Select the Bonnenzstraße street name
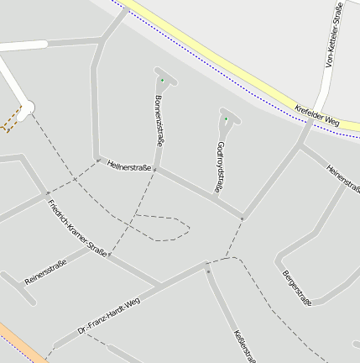pos(159,121)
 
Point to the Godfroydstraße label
pos(220,167)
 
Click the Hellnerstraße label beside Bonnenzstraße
pos(129,167)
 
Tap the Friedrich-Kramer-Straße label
pos(77,228)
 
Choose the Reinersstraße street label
pos(45,271)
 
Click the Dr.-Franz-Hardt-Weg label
pos(108,316)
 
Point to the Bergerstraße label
pos(297,288)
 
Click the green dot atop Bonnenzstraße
pos(162,80)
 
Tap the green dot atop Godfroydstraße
pos(226,118)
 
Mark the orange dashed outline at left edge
pos(10,122)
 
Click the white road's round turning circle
pos(28,107)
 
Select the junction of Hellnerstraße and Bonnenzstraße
pos(154,170)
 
